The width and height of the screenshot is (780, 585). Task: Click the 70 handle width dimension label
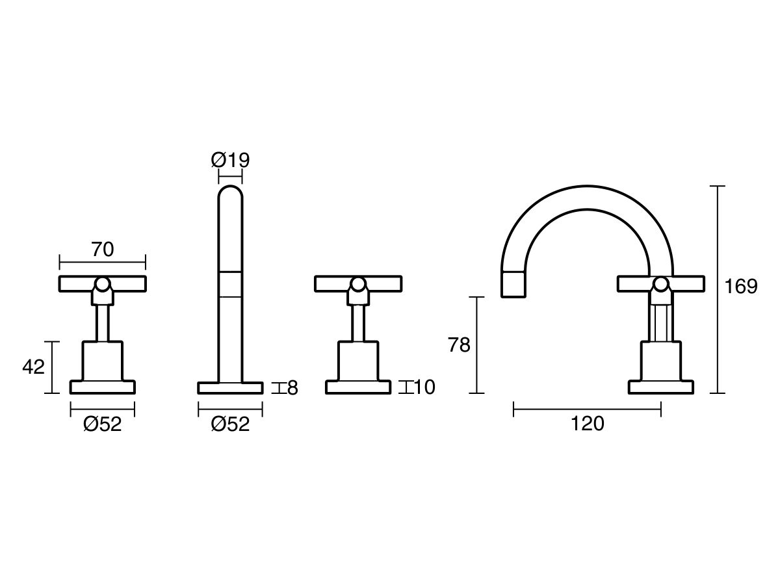coord(103,250)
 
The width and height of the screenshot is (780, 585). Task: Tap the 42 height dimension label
coord(33,367)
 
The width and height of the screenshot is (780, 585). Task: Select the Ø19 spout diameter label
coord(230,160)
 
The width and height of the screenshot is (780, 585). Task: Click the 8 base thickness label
coord(292,388)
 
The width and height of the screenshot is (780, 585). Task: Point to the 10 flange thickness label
coord(424,387)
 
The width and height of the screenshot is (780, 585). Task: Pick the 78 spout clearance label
coord(459,345)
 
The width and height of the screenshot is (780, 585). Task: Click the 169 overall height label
coord(741,286)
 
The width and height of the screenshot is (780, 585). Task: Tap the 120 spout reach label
coord(588,423)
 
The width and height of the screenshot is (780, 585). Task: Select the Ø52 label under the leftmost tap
coord(102,424)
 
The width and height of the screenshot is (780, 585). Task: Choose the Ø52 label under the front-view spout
coord(230,424)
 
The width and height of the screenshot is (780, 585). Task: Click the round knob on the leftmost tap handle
coord(103,285)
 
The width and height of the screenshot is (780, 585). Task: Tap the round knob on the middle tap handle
coord(358,285)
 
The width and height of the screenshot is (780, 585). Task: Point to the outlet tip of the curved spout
coord(513,284)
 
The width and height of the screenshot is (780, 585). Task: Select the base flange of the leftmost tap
coord(103,387)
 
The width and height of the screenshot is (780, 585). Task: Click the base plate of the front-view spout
coord(230,388)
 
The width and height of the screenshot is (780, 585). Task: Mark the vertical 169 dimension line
coord(718,289)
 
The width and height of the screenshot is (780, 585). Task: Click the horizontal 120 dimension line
coord(587,409)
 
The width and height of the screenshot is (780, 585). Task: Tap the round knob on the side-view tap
coord(661,285)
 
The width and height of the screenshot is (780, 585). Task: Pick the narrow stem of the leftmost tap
coord(103,323)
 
